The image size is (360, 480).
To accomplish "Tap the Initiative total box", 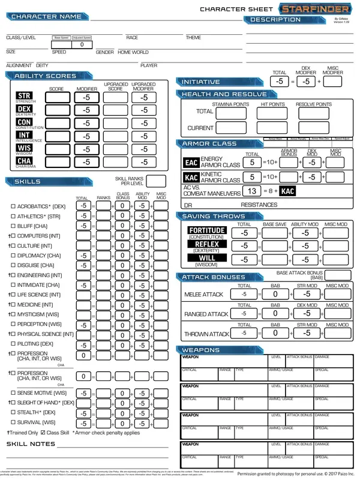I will tap(279, 81).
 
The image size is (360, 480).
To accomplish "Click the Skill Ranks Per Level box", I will tap(156, 181).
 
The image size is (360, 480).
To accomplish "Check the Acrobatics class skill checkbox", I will tap(13, 206).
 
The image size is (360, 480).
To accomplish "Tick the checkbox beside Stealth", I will tap(13, 413).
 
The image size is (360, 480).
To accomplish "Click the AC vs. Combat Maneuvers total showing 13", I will tap(253, 191).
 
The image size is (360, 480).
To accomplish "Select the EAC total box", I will tap(253, 162).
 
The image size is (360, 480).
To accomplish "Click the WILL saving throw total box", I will tap(244, 260).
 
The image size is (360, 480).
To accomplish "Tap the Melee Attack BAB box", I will tap(274, 295).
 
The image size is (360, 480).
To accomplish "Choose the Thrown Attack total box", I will tap(244, 333).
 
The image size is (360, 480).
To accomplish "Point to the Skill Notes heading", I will tap(31, 444).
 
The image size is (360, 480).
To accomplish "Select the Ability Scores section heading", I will tap(45, 76).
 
